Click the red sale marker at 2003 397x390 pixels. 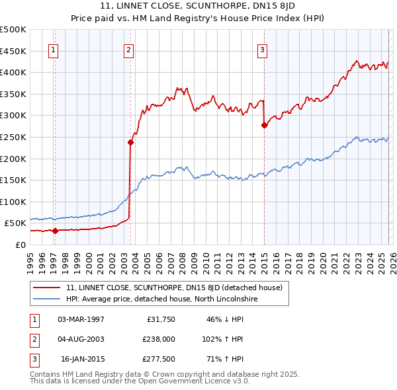click(x=130, y=141)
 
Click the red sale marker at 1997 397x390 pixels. click(x=55, y=231)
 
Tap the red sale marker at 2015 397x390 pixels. click(x=264, y=125)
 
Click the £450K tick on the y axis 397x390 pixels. click(x=13, y=51)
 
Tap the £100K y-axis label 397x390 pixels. click(x=13, y=202)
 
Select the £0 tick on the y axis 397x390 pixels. click(x=20, y=245)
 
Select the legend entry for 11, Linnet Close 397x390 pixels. click(x=174, y=288)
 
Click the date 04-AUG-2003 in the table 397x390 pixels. click(x=81, y=339)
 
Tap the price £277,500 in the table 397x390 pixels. click(x=158, y=359)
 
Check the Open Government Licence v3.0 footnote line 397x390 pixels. click(x=140, y=381)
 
